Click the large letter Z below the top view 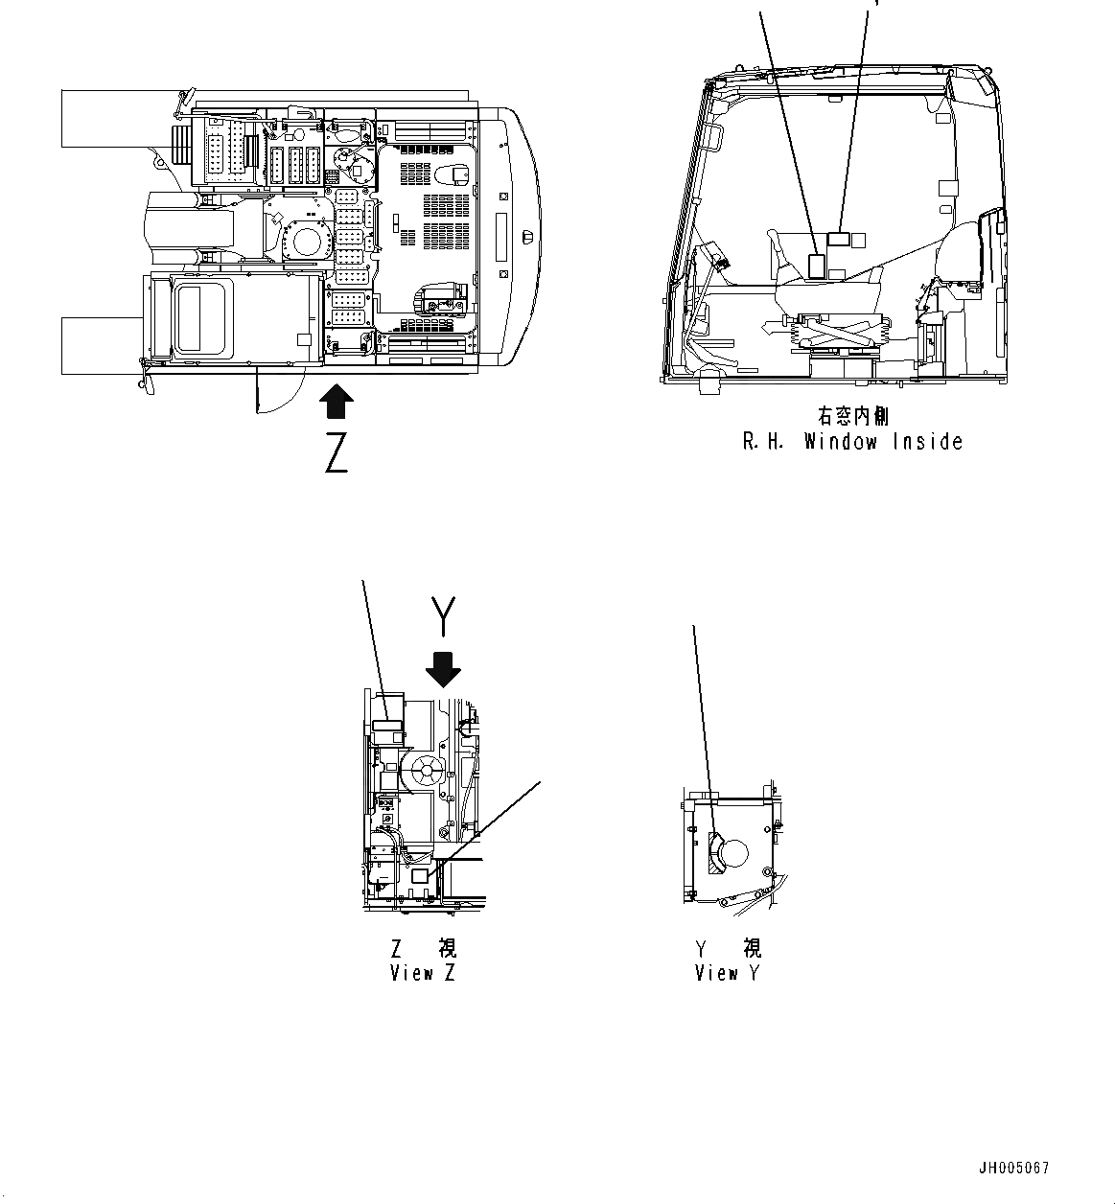coord(336,452)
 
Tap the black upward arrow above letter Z coord(335,402)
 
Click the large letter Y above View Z coord(441,616)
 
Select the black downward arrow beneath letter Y coord(442,669)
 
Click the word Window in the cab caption coord(840,442)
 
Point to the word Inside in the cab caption coord(927,442)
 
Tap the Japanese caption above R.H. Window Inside coord(852,416)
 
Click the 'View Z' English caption coord(423,973)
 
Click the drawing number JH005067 coord(1014,1169)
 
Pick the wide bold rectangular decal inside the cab coord(839,240)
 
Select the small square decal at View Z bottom coord(418,876)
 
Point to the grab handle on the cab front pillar coord(712,137)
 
